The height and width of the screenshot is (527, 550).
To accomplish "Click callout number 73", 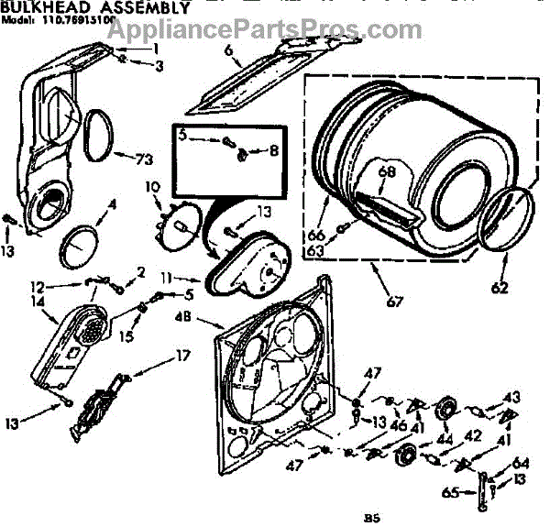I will click(143, 159).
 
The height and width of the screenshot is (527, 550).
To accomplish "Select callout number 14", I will click(38, 301).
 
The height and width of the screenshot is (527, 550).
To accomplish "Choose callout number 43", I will click(511, 396).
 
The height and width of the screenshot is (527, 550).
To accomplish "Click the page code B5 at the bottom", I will click(368, 514).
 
